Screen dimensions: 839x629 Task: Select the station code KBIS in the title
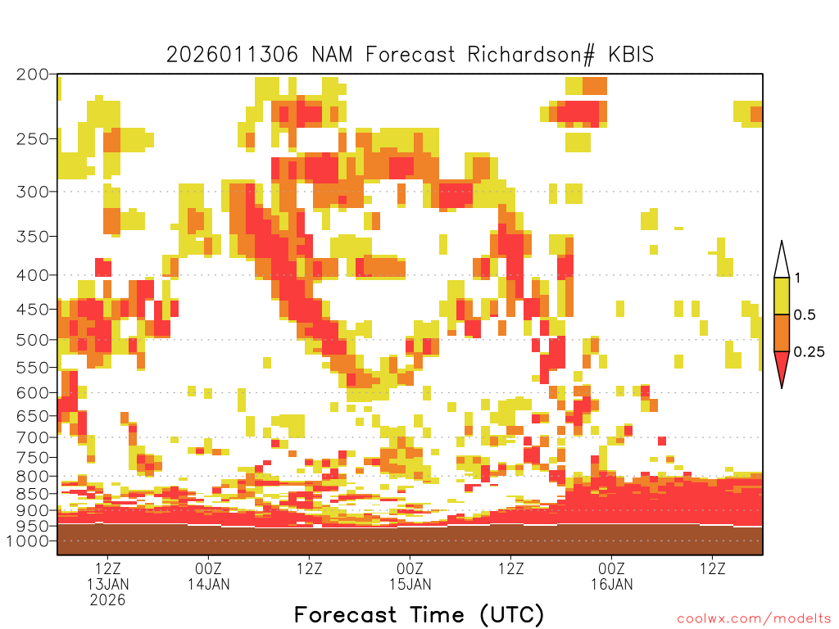point(631,55)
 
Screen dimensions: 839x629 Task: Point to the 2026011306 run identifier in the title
point(232,55)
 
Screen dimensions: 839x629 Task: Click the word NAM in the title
point(332,55)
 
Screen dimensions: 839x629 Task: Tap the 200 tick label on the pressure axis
point(32,75)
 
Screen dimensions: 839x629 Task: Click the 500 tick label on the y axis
point(32,340)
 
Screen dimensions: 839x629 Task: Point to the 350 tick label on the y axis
point(32,237)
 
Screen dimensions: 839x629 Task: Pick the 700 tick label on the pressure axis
point(32,437)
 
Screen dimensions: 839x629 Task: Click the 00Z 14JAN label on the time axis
point(209,576)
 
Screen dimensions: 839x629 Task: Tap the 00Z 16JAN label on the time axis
point(611,576)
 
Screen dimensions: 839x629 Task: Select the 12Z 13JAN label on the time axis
point(108,576)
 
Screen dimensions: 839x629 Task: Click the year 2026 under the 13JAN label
point(108,600)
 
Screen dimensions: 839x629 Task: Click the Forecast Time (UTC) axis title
point(419,615)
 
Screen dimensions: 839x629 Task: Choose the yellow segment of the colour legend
point(782,296)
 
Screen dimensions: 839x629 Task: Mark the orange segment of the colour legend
point(782,333)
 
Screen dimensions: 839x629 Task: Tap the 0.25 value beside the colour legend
point(809,352)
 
